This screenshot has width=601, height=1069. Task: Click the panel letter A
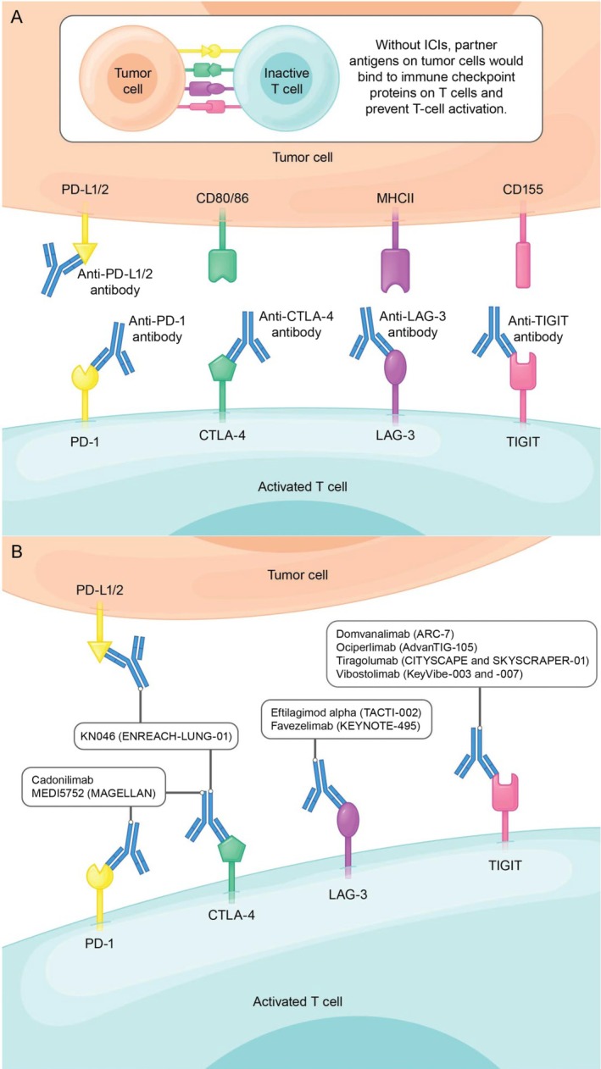click(15, 16)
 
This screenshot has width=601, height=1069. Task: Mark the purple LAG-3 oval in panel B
click(348, 824)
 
